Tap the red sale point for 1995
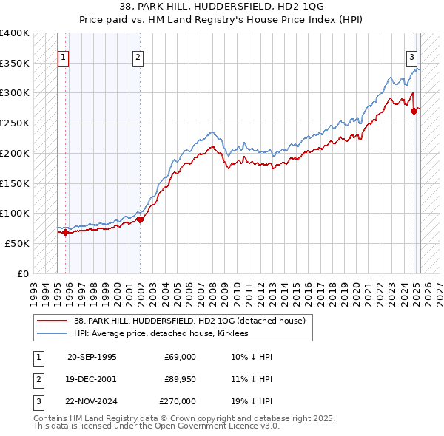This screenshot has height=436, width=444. tap(66, 232)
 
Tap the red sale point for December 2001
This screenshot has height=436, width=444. tap(141, 219)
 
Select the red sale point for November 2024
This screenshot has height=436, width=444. tap(414, 112)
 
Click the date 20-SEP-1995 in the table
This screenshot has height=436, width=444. tap(92, 357)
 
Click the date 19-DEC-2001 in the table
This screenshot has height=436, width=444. tap(92, 379)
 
